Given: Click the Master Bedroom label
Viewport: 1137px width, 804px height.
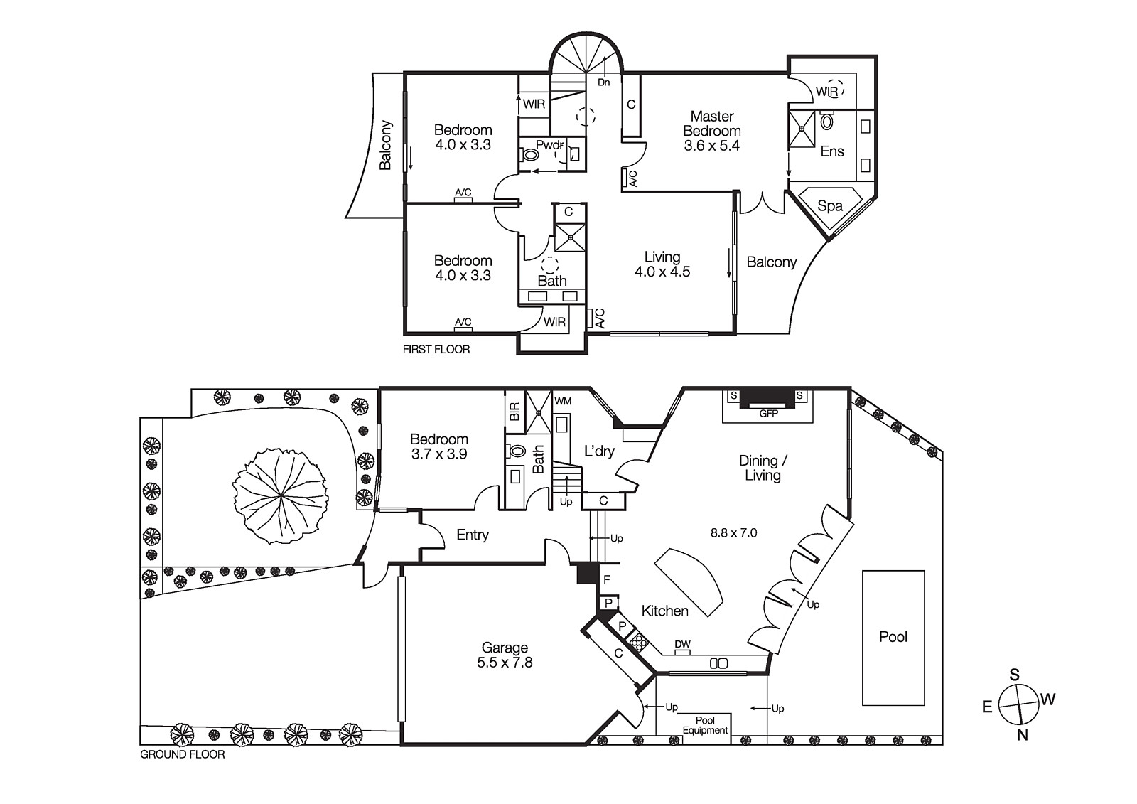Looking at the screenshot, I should coord(712,124).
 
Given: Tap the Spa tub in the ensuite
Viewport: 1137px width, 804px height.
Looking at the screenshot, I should coord(829,205).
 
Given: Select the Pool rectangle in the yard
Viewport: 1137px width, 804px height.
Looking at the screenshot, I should coord(893,637).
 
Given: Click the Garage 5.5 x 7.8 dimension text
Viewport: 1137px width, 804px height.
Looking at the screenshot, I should coord(505,663).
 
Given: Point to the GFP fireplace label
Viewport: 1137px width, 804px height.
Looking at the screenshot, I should coord(768,413).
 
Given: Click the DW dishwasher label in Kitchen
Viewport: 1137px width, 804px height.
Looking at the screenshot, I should coord(682,645).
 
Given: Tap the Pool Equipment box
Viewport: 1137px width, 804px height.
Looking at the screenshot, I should coord(705,725).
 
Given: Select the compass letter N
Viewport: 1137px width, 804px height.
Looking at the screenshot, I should coord(1022,736).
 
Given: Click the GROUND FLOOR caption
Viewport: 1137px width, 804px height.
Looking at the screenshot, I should coord(182,754).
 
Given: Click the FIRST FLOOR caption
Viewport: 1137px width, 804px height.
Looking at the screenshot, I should coord(436,349).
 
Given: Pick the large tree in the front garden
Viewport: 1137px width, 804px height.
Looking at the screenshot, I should coord(280,495).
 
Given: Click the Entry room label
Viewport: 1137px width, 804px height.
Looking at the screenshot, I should coord(472,535).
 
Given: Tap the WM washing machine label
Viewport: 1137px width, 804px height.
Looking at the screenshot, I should coord(562,401).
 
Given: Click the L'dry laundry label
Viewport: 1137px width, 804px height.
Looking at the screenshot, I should coord(599,451).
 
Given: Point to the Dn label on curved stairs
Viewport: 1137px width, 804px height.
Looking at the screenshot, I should coord(603,82).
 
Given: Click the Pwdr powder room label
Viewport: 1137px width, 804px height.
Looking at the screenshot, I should coord(548,145).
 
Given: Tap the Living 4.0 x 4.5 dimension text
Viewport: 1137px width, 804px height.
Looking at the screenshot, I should coord(662,272).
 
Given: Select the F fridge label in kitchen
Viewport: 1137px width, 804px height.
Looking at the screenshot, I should coord(607,580).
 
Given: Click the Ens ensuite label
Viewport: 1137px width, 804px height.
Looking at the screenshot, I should coord(831,151).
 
